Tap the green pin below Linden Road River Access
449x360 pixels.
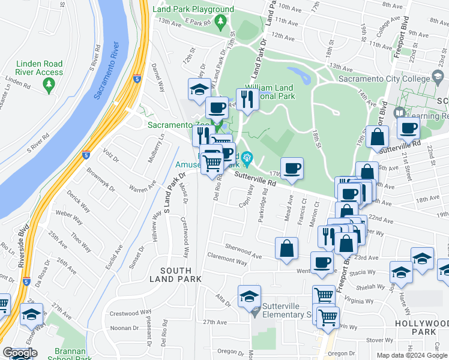49,86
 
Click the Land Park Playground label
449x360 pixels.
193,10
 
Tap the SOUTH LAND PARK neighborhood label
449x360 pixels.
175,274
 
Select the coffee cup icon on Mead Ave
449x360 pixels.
292,169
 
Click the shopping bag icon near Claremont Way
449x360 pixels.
287,248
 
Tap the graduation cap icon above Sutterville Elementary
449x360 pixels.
249,296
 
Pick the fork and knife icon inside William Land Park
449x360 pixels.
246,98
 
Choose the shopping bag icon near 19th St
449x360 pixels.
377,136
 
